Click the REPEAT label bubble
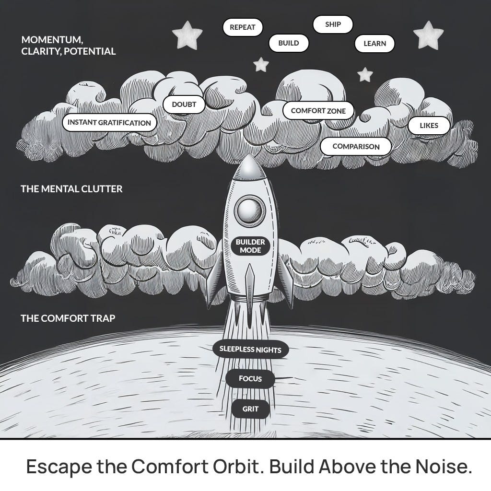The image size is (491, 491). click(x=242, y=27)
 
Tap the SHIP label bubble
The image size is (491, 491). click(x=333, y=24)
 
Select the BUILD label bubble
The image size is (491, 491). click(x=289, y=43)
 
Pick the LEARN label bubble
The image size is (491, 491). click(x=374, y=44)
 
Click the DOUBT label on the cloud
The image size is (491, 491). click(x=184, y=104)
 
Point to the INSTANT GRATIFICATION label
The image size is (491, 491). click(x=109, y=123)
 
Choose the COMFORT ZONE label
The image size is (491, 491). click(x=318, y=111)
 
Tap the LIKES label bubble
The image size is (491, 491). click(x=429, y=126)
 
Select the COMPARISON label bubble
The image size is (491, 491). click(x=356, y=147)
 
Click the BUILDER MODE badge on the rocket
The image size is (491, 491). click(x=250, y=246)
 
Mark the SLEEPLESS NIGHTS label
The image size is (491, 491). click(x=250, y=350)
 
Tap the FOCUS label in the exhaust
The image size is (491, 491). click(x=250, y=379)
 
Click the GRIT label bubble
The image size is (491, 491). click(x=250, y=409)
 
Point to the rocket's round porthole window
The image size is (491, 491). click(x=249, y=210)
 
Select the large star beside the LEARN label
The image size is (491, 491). click(x=428, y=35)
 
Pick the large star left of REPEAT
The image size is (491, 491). click(x=187, y=35)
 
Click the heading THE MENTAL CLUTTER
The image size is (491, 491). click(x=71, y=189)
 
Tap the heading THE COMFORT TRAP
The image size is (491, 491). click(x=68, y=318)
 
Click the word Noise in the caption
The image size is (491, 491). click(x=442, y=467)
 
